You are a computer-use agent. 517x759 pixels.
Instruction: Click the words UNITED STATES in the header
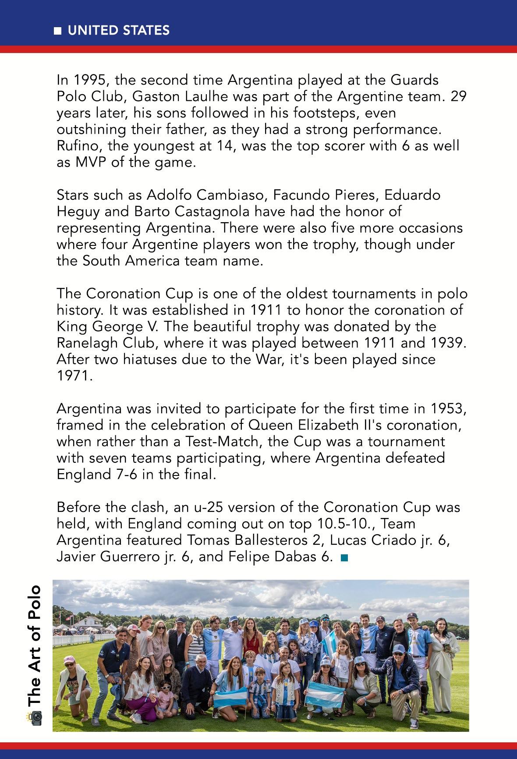(x=118, y=30)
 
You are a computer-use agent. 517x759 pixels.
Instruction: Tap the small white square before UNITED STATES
(x=57, y=31)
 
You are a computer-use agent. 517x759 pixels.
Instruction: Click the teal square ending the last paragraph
(x=344, y=558)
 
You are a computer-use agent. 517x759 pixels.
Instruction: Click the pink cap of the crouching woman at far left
(x=69, y=660)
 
